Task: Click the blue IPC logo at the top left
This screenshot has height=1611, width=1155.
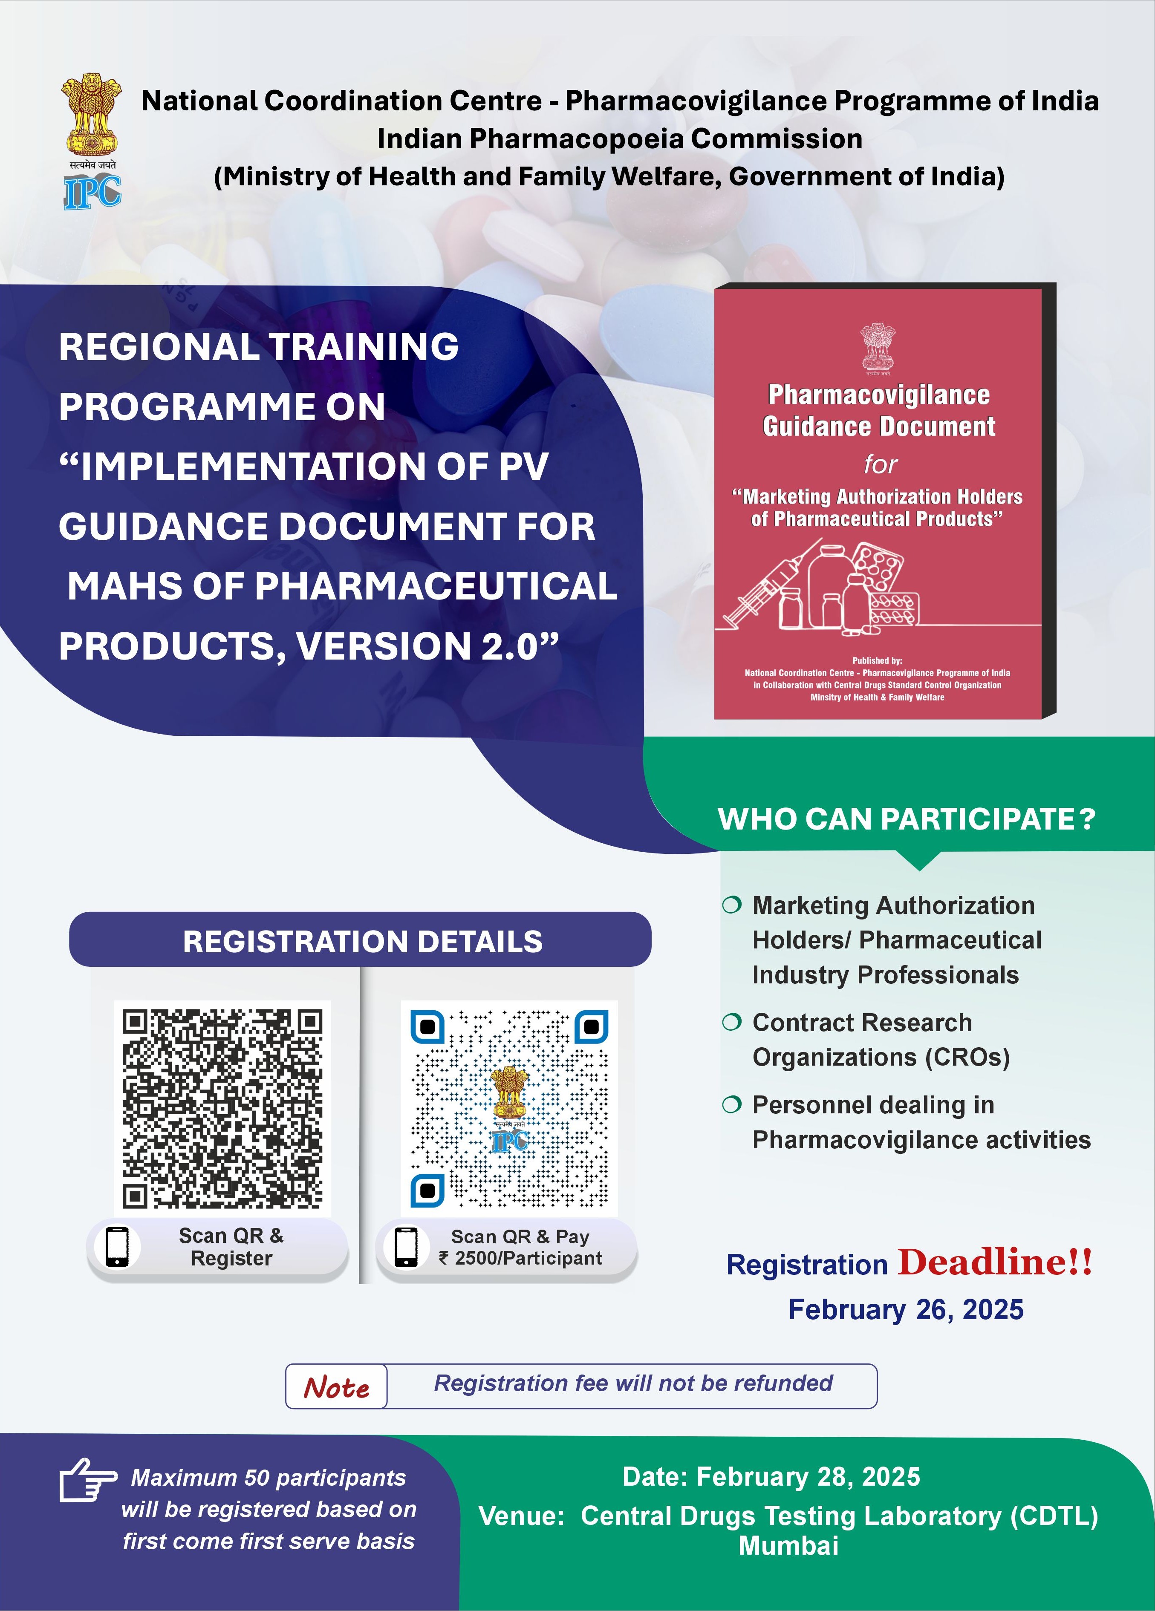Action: point(92,192)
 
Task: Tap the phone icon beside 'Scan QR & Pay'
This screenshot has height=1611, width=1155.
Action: point(406,1247)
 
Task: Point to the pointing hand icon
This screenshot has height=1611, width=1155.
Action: point(87,1480)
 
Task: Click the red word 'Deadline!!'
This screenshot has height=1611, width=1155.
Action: point(994,1262)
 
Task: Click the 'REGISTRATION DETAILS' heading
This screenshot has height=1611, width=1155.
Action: point(362,941)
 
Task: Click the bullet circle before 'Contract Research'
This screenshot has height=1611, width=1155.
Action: point(732,1022)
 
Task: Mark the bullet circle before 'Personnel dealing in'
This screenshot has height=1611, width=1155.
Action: point(732,1104)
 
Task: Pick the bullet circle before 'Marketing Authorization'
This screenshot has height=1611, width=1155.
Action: point(732,905)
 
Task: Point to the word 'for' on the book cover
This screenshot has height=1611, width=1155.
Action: point(881,464)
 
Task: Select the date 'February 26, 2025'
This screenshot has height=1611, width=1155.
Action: point(906,1309)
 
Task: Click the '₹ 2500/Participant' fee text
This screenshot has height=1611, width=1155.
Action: point(521,1258)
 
